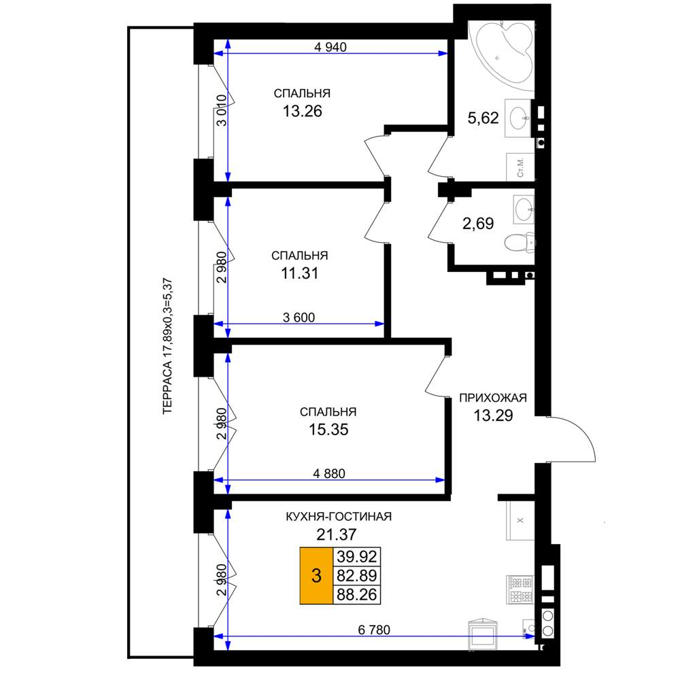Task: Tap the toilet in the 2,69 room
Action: tap(520, 243)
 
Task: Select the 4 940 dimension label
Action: tap(330, 47)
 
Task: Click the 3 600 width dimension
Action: tap(299, 318)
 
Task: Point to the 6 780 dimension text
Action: tap(374, 630)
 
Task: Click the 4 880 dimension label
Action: tap(329, 473)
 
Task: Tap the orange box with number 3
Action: tap(316, 575)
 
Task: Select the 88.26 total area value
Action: tap(357, 594)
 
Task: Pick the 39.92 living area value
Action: tap(357, 556)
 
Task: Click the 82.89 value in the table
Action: tap(357, 575)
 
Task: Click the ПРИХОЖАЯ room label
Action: tap(493, 398)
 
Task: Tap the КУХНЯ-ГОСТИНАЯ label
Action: tap(339, 517)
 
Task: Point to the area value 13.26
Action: tap(303, 112)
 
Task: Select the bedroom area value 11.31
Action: tap(300, 273)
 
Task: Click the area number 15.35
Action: tap(328, 430)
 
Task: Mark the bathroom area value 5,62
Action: tap(483, 118)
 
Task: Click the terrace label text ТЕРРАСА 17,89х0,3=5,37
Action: tap(167, 346)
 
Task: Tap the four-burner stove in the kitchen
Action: tap(519, 590)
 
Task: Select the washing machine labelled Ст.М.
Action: tap(520, 167)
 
